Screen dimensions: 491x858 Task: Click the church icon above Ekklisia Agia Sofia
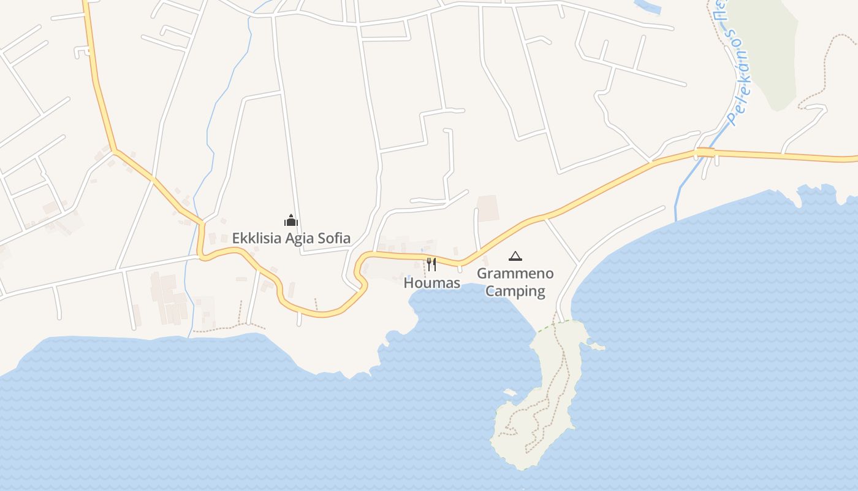[290, 220]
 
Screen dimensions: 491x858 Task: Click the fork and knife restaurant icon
[431, 265]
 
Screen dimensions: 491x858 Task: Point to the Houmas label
[431, 283]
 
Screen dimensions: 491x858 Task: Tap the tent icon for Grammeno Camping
[515, 256]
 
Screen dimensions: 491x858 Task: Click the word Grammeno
[515, 274]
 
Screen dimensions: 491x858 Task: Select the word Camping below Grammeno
[515, 291]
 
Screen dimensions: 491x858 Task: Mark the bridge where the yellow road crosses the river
[705, 152]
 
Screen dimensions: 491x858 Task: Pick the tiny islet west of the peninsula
[509, 392]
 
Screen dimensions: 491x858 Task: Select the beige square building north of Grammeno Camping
[488, 208]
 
